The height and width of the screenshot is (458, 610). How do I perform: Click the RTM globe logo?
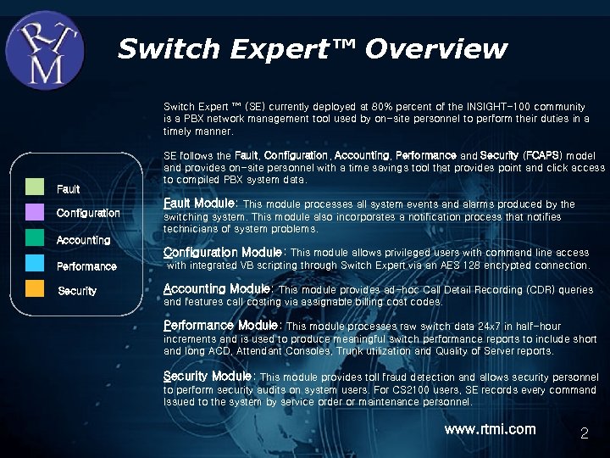click(45, 48)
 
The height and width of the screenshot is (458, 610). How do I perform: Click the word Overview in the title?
click(436, 49)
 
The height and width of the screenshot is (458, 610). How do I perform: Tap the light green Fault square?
click(35, 187)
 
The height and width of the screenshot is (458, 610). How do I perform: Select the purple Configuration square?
click(35, 211)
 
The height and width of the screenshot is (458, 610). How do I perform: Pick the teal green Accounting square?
click(35, 237)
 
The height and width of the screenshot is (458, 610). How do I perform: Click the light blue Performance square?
click(35, 263)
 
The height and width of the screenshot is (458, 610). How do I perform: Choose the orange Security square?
click(35, 288)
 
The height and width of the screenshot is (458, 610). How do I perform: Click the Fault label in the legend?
click(68, 188)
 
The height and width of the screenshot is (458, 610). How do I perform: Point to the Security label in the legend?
click(77, 291)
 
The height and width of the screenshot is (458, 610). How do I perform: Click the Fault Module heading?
click(200, 204)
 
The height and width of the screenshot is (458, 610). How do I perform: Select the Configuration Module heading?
click(223, 252)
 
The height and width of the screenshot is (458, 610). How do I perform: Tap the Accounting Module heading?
click(217, 288)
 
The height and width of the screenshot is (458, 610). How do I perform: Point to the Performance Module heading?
click(220, 325)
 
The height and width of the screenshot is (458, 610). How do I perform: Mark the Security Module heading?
click(208, 376)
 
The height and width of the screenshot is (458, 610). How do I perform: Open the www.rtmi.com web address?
click(490, 429)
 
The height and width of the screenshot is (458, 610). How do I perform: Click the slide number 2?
click(584, 434)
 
